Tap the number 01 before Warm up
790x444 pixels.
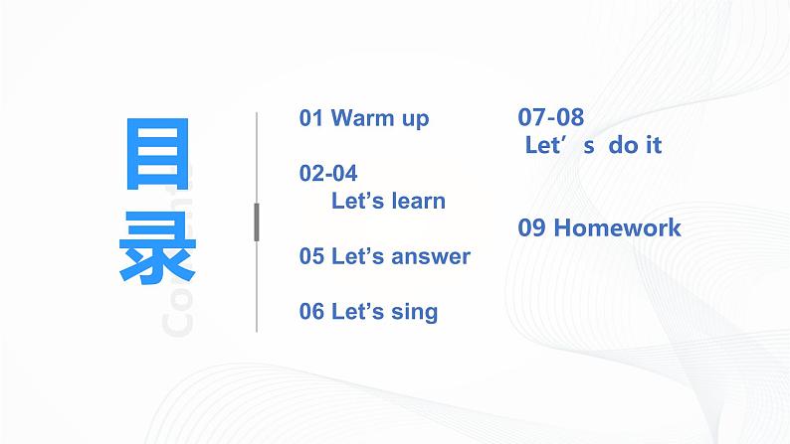311,118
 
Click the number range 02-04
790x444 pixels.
328,173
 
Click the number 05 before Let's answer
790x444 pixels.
311,256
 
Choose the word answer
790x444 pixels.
431,256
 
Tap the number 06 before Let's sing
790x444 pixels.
311,312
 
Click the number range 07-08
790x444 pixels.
551,117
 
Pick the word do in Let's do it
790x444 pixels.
619,145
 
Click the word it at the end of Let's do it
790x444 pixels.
652,145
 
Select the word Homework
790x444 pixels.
617,227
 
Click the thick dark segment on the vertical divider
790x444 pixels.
257,222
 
